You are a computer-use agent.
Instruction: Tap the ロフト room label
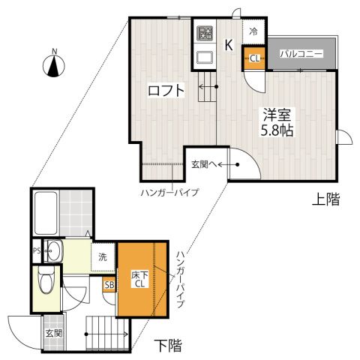[x=166, y=91]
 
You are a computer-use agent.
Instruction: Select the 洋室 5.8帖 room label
[x=276, y=121]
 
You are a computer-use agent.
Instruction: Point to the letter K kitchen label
[x=229, y=44]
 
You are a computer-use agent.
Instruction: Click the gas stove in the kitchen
[x=205, y=34]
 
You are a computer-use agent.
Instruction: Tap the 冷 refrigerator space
[x=253, y=31]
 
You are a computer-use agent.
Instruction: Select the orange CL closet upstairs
[x=254, y=58]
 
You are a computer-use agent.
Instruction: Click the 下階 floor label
[x=169, y=346]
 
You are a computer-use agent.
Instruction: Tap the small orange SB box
[x=109, y=284]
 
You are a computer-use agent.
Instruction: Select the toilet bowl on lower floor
[x=46, y=284]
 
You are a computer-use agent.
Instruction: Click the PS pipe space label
[x=35, y=250]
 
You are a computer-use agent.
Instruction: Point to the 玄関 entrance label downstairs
[x=52, y=333]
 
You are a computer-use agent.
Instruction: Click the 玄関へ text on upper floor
[x=203, y=164]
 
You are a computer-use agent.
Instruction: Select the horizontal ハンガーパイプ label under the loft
[x=169, y=193]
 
